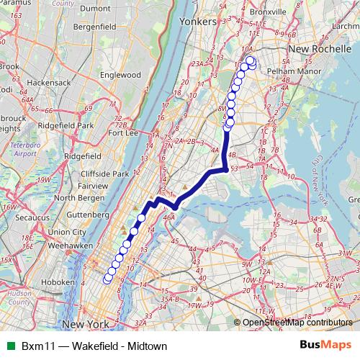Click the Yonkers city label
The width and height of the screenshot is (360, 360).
coord(197,22)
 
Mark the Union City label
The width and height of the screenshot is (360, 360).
coord(68,232)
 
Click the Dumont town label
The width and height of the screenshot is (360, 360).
coord(95,8)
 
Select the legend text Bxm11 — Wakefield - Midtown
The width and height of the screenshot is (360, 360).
coord(85,346)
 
